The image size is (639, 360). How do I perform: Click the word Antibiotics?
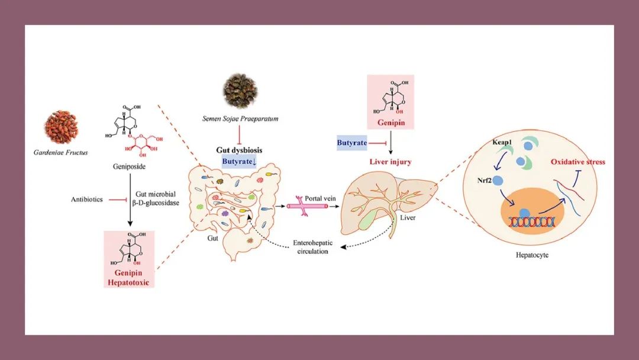pos(86,200)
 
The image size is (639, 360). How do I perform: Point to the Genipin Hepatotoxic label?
pos(128,278)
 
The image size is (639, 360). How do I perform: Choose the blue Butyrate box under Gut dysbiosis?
pos(239,161)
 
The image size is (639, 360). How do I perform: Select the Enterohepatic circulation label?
pos(311,247)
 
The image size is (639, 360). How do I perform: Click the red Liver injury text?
pos(390,162)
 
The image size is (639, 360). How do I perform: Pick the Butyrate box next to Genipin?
pos(352,143)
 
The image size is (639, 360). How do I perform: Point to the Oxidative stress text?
pos(577,162)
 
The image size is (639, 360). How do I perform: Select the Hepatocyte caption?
pos(533,256)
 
